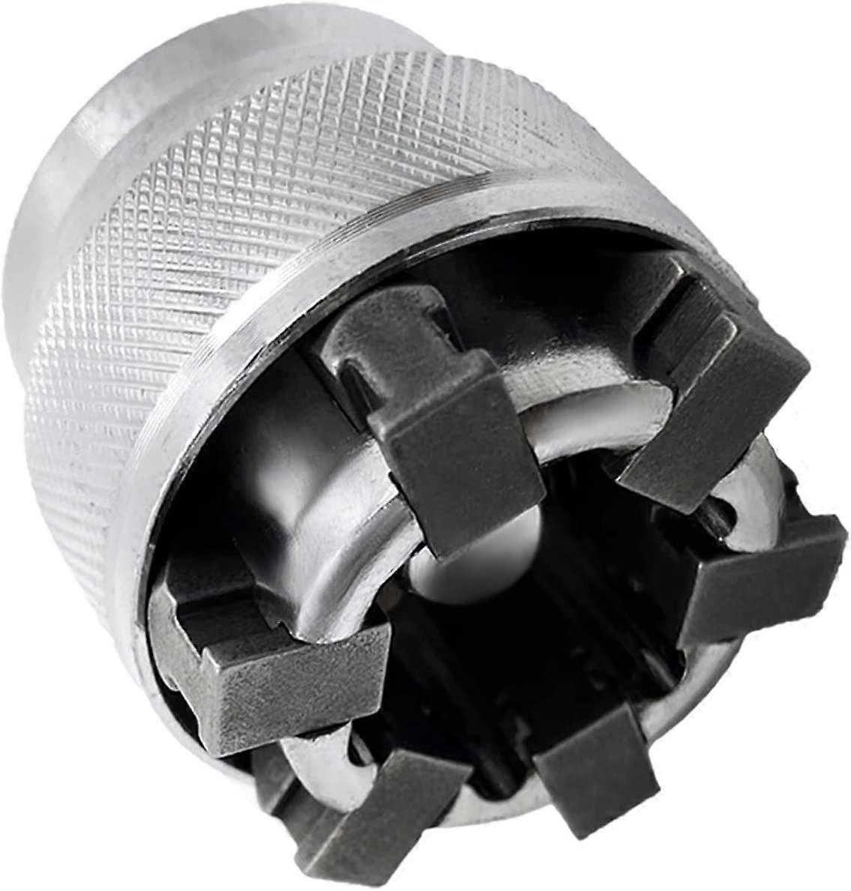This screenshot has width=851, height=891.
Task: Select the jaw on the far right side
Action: pos(765,577)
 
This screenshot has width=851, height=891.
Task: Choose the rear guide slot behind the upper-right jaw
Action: pos(675,315)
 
